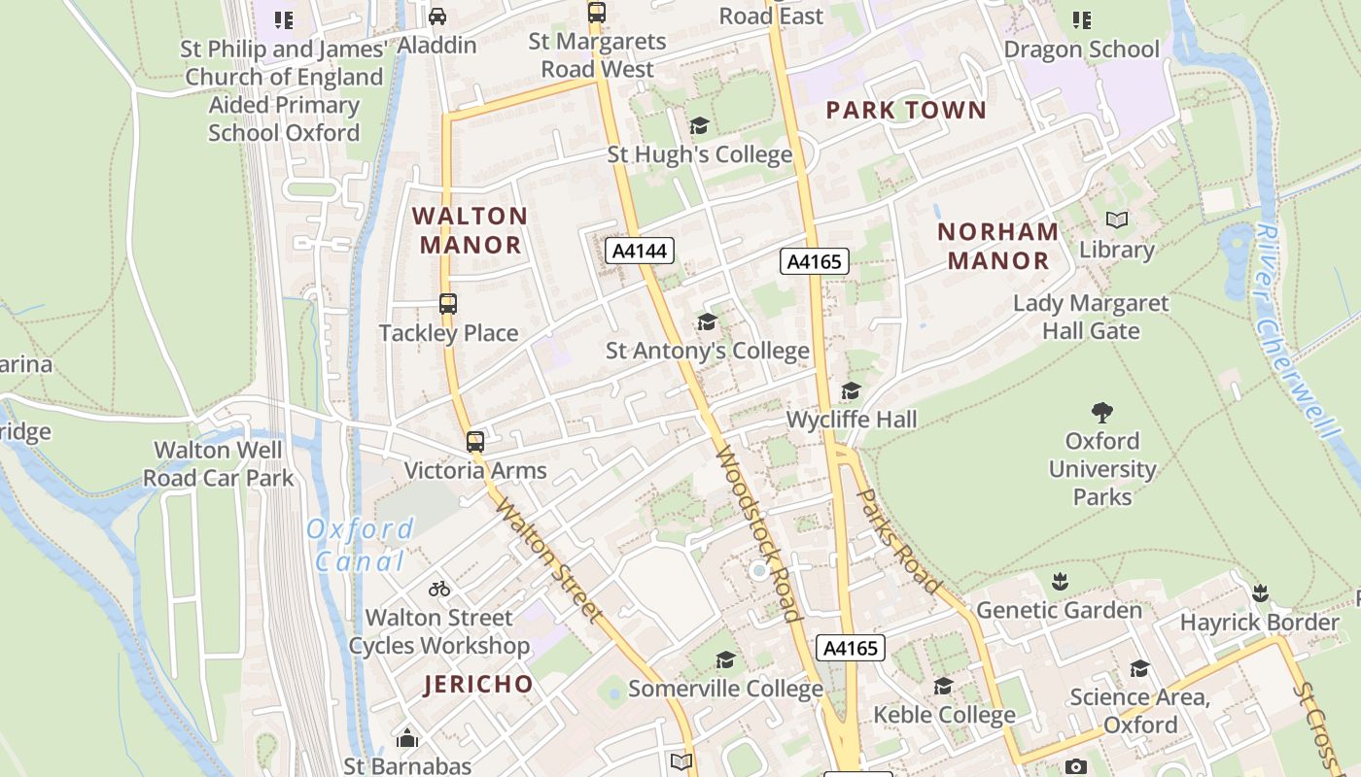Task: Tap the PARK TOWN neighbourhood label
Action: (906, 110)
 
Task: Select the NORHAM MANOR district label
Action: (998, 246)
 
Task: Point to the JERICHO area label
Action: (479, 684)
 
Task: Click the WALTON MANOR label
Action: (471, 230)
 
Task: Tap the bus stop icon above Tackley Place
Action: (447, 304)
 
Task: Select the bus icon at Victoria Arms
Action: (474, 442)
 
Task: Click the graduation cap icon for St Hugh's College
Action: (699, 126)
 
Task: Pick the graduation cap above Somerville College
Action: (725, 661)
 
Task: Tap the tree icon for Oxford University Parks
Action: (1101, 413)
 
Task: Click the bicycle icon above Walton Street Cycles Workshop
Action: (439, 589)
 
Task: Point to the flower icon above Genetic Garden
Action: (1060, 582)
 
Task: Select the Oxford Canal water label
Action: (360, 545)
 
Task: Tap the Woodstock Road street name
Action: (757, 533)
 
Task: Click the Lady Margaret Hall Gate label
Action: (1091, 317)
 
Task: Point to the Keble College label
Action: (944, 716)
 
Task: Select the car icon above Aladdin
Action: (437, 17)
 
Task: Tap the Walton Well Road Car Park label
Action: (219, 463)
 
